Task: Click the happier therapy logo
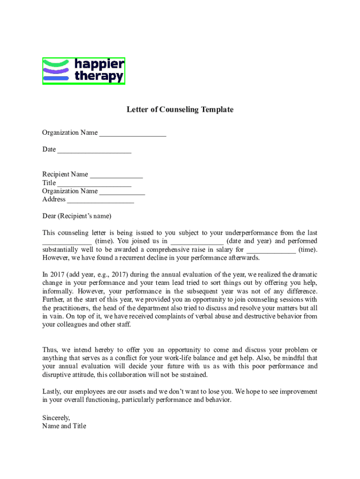(84, 71)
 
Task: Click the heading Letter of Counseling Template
(180, 109)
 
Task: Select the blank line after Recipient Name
(116, 175)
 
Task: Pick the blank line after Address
(101, 200)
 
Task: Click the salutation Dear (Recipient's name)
(77, 216)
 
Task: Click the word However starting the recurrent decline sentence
(56, 258)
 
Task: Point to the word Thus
(50, 349)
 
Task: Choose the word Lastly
(52, 392)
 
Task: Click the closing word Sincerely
(56, 418)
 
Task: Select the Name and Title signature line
(64, 426)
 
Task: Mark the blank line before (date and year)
(197, 241)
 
